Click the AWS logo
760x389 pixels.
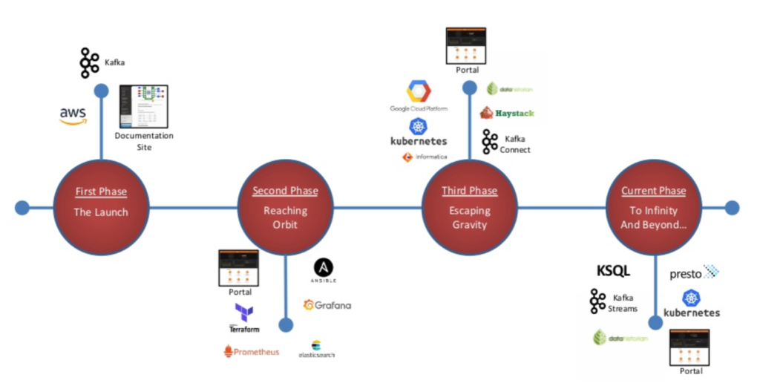coord(73,116)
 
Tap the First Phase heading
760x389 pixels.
coord(101,192)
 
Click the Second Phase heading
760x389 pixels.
coord(285,191)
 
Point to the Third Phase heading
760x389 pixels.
coord(469,191)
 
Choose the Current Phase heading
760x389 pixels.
coord(653,191)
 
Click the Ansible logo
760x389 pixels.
coord(324,271)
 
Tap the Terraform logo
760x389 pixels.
coord(244,317)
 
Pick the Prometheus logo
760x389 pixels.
coord(252,351)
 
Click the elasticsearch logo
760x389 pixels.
coord(316,349)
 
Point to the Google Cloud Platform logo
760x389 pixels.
coord(419,97)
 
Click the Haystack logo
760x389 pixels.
coord(507,113)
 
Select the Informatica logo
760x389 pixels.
coord(425,157)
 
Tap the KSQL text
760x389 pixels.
coord(613,271)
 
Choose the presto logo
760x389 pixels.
coord(694,273)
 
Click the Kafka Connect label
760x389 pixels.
coord(515,144)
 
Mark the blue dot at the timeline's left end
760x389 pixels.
coord(22,207)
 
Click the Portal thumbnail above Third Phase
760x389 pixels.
coord(466,46)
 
